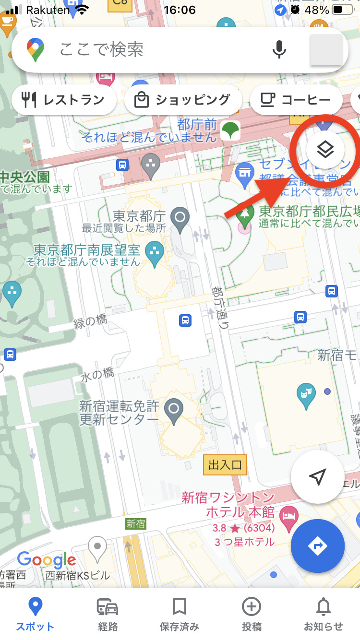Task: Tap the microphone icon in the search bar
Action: click(279, 49)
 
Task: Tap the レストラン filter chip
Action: click(64, 100)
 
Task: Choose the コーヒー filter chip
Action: click(296, 100)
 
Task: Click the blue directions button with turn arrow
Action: click(318, 546)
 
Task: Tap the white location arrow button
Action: click(318, 476)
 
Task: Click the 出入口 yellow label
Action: click(225, 465)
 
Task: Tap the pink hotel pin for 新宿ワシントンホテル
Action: click(289, 517)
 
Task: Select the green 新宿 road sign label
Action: click(135, 524)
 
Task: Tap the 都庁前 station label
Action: click(197, 125)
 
